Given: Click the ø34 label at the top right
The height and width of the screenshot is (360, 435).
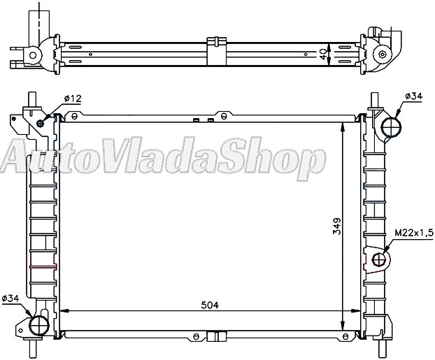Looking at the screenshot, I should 413,96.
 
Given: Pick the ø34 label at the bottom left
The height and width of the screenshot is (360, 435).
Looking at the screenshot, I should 10,299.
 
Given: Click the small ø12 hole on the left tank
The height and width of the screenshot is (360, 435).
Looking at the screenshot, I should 41,124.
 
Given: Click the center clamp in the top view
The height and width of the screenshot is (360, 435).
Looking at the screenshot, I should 217,50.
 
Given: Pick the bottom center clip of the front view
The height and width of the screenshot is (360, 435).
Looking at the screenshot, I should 217,337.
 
